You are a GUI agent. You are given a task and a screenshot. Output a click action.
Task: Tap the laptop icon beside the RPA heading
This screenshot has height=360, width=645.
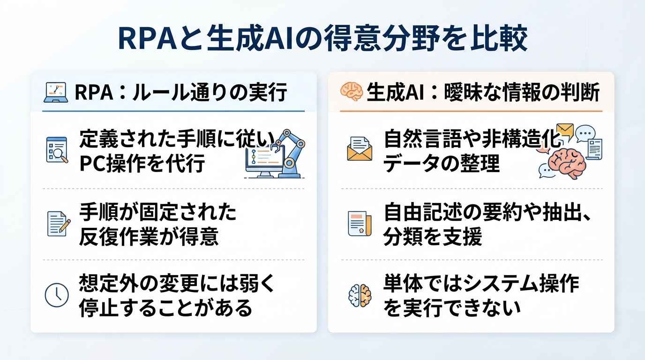click(x=56, y=92)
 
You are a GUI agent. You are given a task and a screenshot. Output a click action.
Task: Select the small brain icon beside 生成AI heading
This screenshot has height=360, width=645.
click(x=351, y=91)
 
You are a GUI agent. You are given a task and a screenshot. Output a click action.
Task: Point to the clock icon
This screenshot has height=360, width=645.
click(x=57, y=295)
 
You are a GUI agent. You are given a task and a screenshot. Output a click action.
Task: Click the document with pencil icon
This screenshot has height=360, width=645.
click(x=59, y=224)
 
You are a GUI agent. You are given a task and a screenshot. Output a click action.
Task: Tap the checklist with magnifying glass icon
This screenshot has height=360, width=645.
click(x=57, y=150)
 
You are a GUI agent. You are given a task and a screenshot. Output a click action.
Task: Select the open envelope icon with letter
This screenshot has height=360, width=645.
click(x=360, y=148)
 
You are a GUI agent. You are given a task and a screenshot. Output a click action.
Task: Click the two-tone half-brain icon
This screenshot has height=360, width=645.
click(x=360, y=295)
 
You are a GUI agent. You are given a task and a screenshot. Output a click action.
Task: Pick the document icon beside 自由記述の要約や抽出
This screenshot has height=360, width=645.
click(x=360, y=224)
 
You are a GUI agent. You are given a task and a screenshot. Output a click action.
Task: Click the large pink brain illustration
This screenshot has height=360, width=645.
click(x=566, y=164)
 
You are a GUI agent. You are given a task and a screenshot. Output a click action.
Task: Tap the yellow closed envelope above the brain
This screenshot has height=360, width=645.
click(x=565, y=131)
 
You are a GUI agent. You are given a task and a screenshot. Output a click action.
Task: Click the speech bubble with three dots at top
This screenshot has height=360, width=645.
click(x=585, y=133)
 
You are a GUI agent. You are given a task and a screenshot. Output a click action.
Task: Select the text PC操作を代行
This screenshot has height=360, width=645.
click(x=142, y=163)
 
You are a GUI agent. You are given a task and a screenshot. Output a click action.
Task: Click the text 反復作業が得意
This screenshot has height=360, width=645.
click(x=149, y=236)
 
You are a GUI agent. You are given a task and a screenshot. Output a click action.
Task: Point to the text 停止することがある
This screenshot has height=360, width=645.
click(x=165, y=307)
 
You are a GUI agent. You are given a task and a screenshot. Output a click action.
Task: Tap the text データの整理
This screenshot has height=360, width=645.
click(x=442, y=163)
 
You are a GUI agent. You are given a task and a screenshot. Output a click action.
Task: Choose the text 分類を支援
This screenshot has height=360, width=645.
click(x=433, y=236)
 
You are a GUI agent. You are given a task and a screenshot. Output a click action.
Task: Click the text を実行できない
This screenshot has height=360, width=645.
click(x=452, y=307)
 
